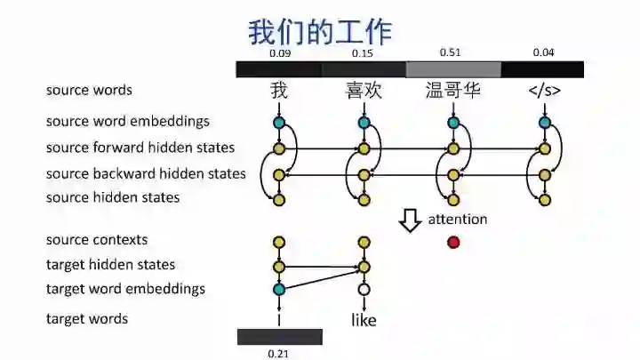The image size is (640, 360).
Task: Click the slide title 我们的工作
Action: click(319, 32)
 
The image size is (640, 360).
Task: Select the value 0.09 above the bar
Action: click(280, 53)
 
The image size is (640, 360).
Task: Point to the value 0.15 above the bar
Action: click(362, 53)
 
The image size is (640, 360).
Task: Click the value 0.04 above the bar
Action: click(543, 53)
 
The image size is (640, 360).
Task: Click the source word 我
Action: click(280, 91)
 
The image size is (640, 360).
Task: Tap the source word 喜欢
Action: click(364, 91)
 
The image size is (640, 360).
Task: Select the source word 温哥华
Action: click(453, 91)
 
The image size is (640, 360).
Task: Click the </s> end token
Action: click(544, 91)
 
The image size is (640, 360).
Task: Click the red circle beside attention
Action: click(454, 242)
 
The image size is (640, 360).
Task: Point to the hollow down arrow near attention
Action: click(410, 220)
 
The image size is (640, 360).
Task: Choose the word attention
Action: click(458, 219)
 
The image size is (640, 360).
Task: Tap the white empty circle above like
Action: click(364, 289)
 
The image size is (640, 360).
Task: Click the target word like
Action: click(364, 320)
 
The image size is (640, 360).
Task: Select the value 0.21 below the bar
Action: click(279, 354)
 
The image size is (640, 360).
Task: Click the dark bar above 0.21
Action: click(279, 337)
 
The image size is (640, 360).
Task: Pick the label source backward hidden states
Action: click(146, 173)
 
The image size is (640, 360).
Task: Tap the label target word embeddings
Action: click(125, 289)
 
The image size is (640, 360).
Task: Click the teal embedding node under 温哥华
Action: click(454, 123)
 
